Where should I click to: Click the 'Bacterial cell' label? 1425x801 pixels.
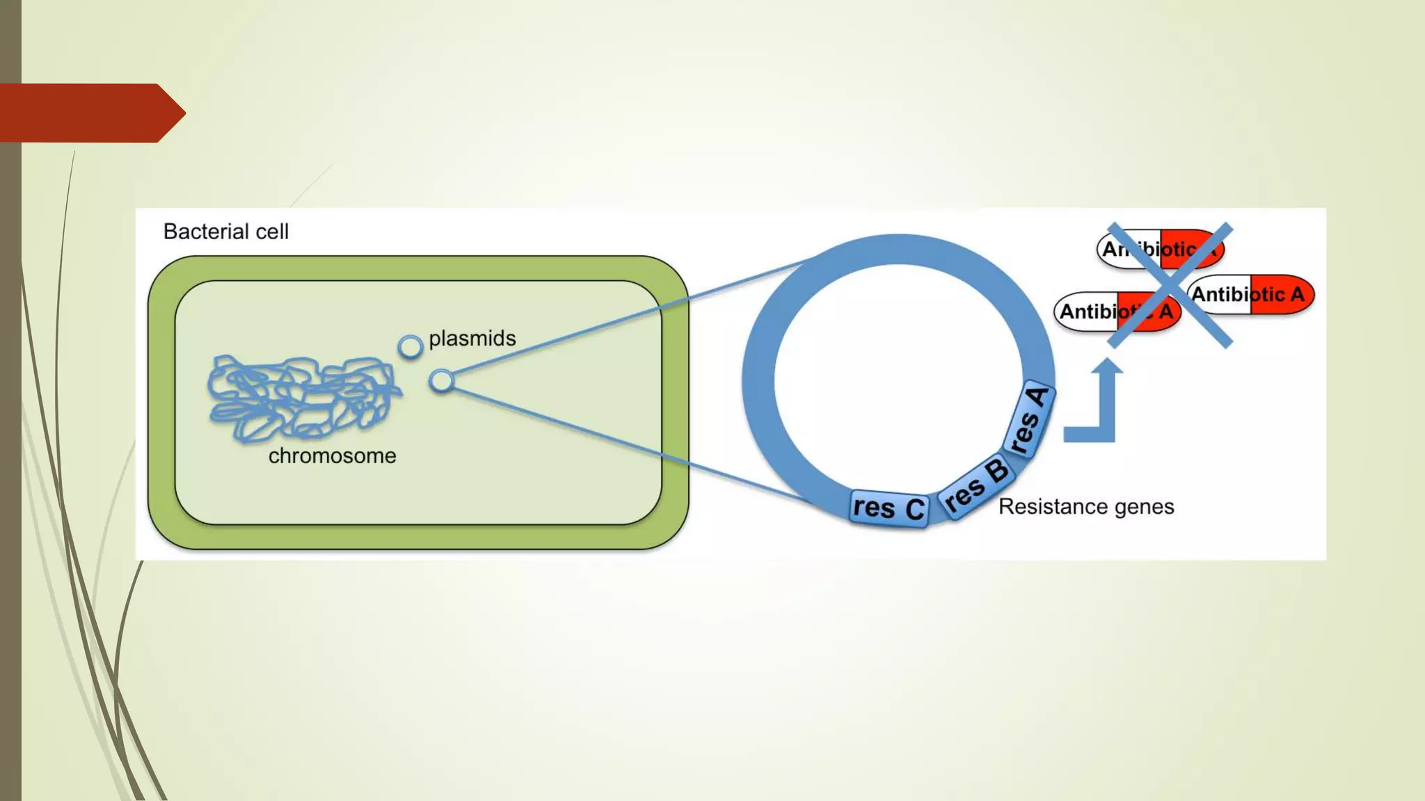(x=225, y=232)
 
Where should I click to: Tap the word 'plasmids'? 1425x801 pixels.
(x=472, y=339)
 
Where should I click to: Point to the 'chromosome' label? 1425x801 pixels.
(x=332, y=456)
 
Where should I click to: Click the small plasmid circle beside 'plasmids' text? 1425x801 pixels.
(x=411, y=346)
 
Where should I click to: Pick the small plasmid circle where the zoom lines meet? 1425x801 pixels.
(x=441, y=381)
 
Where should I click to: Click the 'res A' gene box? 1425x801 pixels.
(x=1029, y=420)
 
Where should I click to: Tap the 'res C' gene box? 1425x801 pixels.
(x=889, y=508)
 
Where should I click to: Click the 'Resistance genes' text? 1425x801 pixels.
(x=1085, y=507)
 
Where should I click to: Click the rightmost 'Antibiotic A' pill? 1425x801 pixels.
(x=1250, y=295)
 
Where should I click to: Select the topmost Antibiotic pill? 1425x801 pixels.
(x=1160, y=249)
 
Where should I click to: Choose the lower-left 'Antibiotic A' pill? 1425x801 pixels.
(x=1117, y=311)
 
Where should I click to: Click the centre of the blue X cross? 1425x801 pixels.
(x=1170, y=285)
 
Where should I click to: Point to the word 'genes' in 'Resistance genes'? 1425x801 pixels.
(x=1144, y=507)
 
